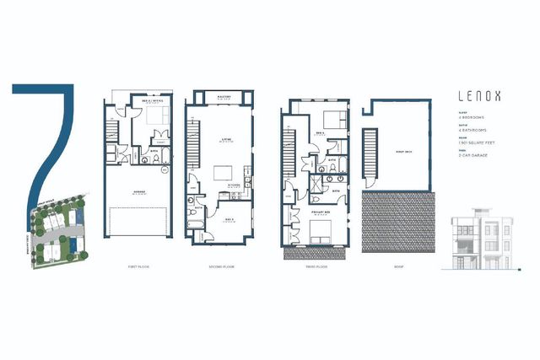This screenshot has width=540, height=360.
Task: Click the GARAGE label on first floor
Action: [138, 192]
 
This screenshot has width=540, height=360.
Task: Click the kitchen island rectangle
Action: [224, 174]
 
